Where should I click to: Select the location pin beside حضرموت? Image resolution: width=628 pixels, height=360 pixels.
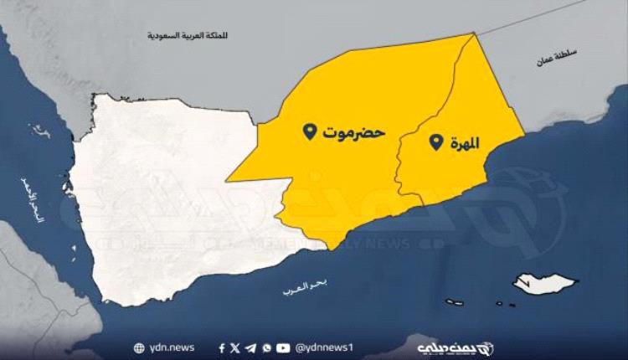coord(309,131)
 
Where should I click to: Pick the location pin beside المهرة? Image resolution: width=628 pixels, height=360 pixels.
coord(435,143)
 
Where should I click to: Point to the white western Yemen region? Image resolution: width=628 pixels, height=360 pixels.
coord(159,201)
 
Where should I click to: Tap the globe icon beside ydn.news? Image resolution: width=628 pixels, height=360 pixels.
coord(138,347)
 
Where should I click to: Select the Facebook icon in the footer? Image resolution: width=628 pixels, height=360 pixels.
coord(222,347)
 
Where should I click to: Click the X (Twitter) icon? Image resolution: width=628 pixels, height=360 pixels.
coord(235,347)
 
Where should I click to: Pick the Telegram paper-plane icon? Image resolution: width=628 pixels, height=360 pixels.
coord(251,347)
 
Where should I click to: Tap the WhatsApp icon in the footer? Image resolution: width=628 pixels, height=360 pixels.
coord(266,347)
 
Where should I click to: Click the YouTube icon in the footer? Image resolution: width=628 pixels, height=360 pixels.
coord(283,347)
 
